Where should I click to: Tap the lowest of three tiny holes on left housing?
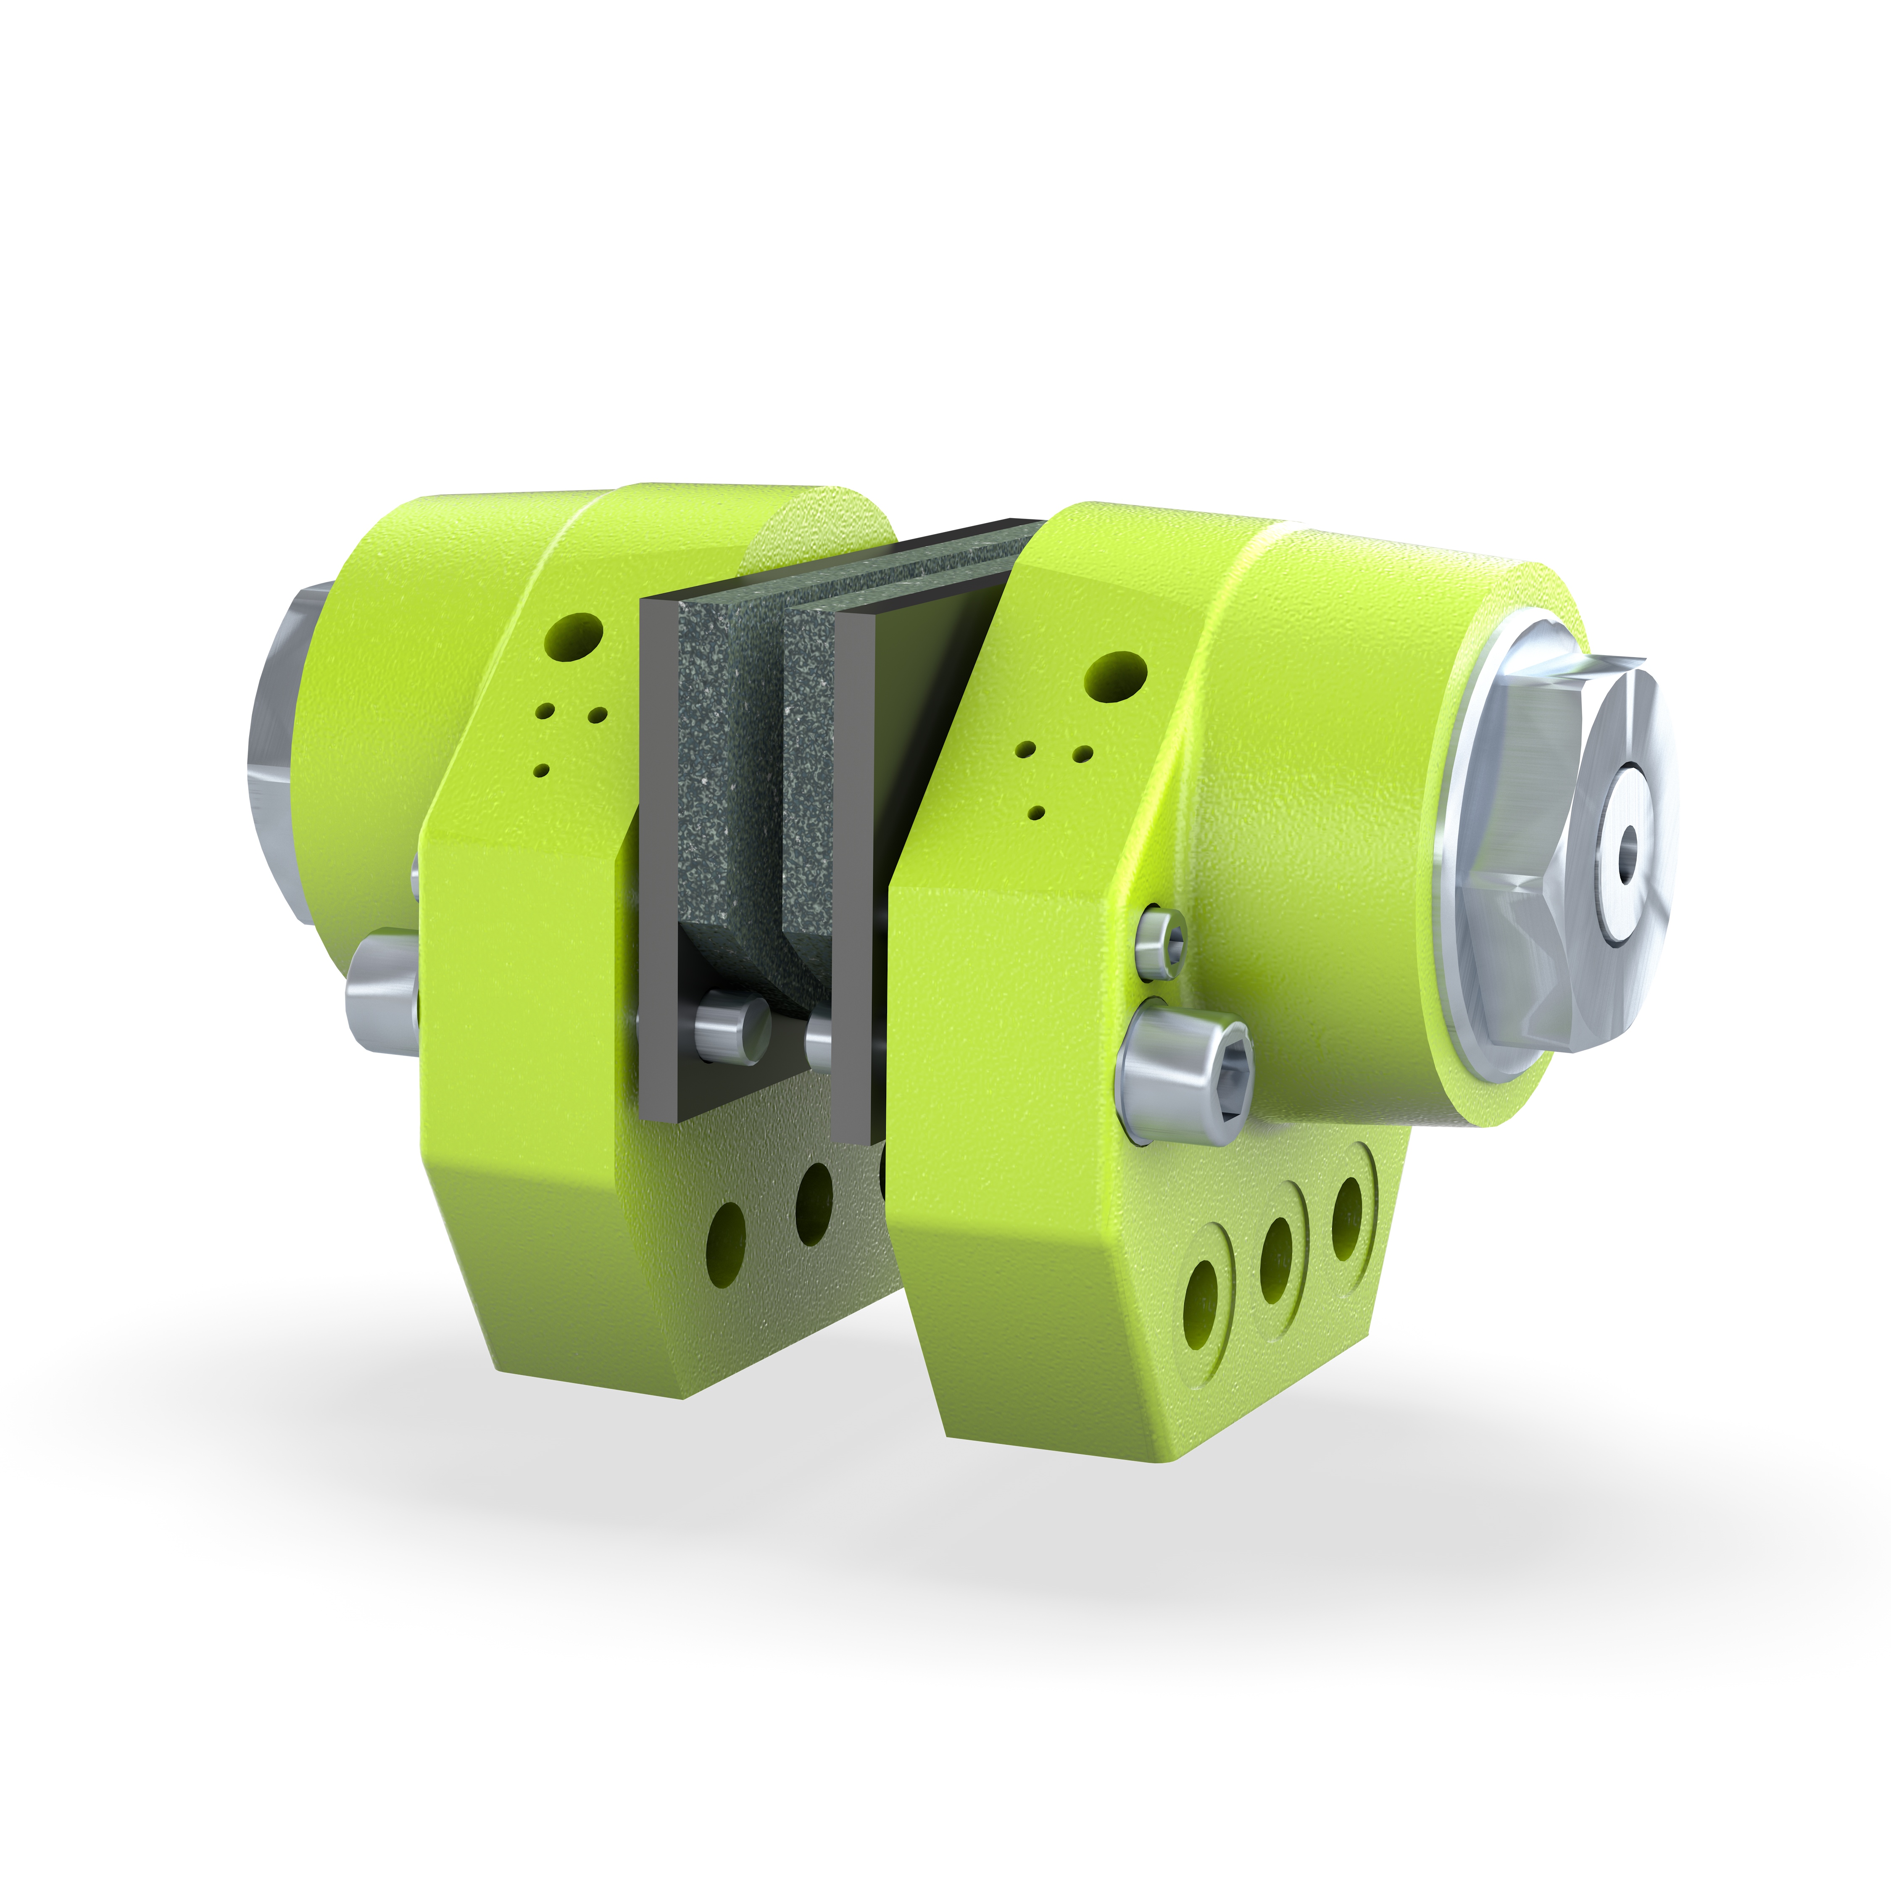[540, 769]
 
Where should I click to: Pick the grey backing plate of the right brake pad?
[851, 881]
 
